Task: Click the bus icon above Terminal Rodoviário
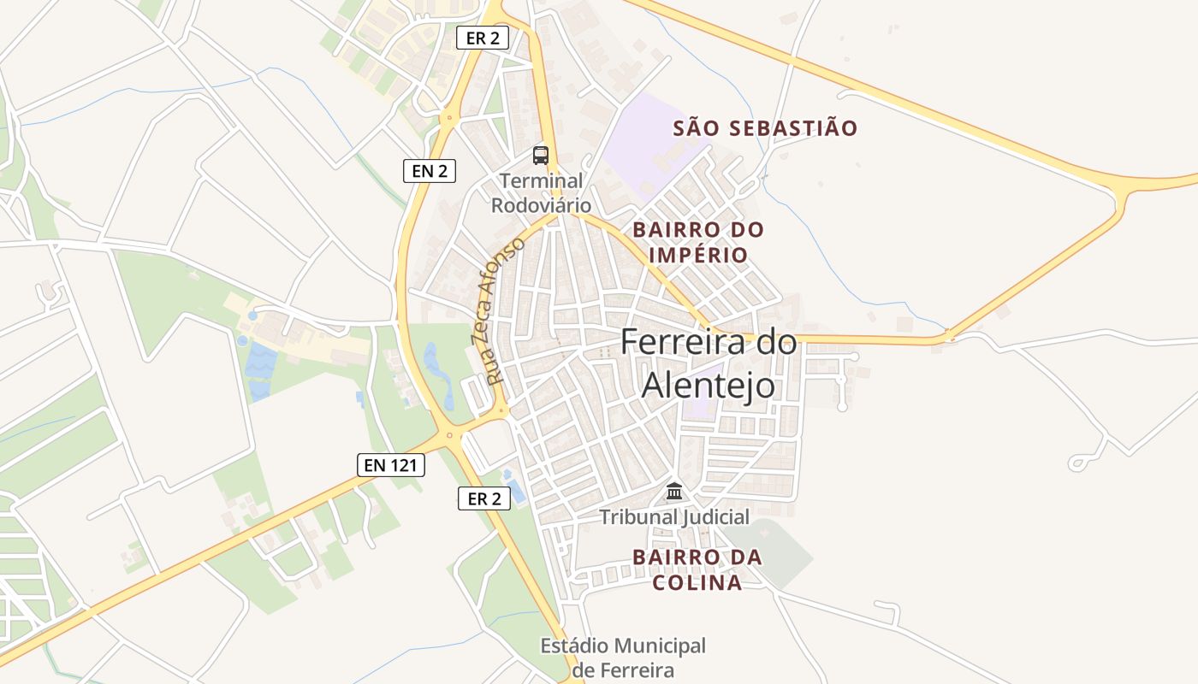point(541,155)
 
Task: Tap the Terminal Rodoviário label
point(541,193)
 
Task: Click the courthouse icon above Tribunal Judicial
point(674,492)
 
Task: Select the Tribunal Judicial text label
point(674,516)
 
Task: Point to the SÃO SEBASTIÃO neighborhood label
point(765,129)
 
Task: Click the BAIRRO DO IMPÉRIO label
point(698,242)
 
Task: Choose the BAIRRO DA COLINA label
point(697,569)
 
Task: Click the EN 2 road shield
point(430,171)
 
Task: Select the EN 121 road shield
point(391,465)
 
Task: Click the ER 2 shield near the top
point(483,38)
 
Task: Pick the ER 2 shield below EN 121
point(484,498)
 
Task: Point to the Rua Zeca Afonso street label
point(497,311)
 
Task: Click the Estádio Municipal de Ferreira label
point(623,657)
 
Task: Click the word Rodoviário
point(541,205)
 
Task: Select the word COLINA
point(697,583)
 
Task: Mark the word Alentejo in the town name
point(709,386)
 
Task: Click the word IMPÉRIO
point(698,255)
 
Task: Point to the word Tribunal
point(637,516)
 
